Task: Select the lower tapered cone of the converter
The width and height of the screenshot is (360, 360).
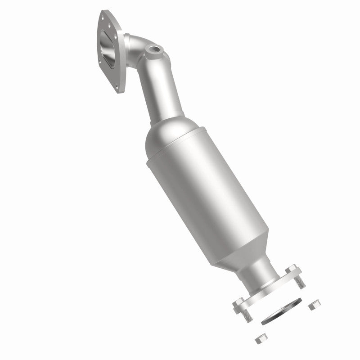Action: [243, 252]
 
